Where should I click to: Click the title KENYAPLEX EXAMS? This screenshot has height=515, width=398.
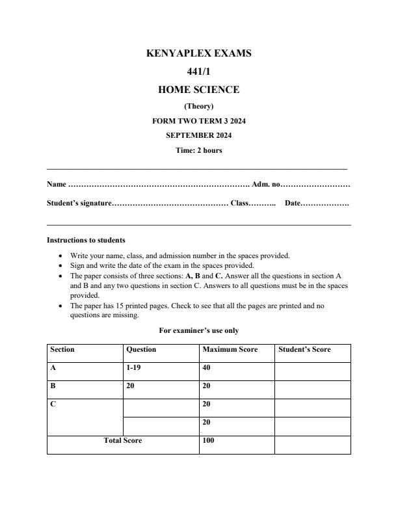pos(199,53)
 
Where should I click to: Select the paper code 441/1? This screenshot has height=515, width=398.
pos(199,72)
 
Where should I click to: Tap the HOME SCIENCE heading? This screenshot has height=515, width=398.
pos(199,90)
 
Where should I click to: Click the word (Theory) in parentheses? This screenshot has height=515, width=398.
pos(199,106)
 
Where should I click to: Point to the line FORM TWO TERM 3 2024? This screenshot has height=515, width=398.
pos(199,121)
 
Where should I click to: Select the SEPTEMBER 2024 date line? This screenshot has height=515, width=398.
pos(199,135)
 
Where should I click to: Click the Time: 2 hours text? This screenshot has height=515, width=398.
pos(199,150)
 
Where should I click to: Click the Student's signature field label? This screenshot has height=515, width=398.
pos(79,204)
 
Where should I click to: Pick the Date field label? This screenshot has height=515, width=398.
pos(293,204)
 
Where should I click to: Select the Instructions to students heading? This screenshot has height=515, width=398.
pos(86,240)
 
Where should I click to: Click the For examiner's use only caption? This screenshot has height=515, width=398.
pos(199,330)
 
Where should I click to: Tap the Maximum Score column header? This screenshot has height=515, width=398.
pos(230,350)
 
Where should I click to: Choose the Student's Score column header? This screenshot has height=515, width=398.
pos(304,350)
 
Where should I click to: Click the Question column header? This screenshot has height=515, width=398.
pos(141,350)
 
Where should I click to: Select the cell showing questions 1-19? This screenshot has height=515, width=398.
pos(133,367)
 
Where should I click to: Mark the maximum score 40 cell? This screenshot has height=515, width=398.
pos(207,367)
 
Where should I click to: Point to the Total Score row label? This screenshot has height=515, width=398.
pos(123,441)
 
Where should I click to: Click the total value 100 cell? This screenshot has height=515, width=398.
pos(209,441)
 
